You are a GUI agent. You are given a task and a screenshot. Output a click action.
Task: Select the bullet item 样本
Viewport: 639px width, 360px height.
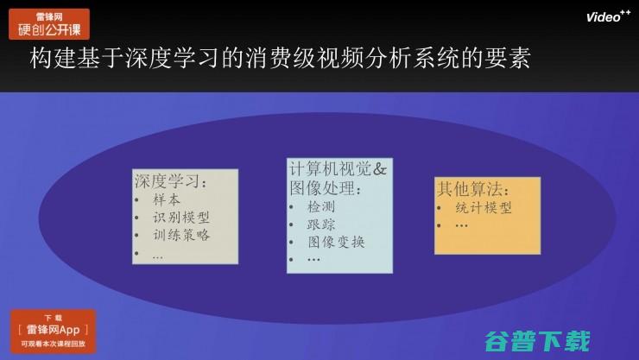(166, 200)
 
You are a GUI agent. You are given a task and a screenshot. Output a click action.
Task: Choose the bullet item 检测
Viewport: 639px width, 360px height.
(320, 207)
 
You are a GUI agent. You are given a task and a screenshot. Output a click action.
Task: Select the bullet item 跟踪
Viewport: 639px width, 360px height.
(320, 224)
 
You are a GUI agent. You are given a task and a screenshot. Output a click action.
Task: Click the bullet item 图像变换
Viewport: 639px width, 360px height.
(336, 242)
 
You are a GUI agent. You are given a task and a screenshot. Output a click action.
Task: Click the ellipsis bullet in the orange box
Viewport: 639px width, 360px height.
(461, 225)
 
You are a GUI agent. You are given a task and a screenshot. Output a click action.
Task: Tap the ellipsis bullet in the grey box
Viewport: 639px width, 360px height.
(157, 254)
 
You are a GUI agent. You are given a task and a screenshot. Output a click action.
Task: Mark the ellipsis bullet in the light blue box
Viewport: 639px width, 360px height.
(313, 259)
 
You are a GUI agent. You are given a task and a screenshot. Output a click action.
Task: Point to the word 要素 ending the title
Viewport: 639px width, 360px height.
(510, 60)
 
